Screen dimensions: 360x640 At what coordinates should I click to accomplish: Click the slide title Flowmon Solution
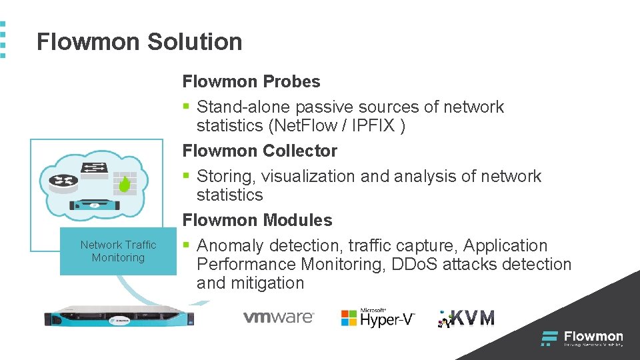(x=139, y=42)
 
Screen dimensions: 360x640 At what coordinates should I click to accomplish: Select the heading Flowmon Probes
(x=251, y=82)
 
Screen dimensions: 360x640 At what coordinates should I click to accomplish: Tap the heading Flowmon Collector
(x=260, y=151)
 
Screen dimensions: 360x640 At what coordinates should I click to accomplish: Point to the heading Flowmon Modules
(x=257, y=221)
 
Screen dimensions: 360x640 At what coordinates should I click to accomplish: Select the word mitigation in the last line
(x=267, y=283)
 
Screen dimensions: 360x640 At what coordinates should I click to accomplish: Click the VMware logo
(x=278, y=317)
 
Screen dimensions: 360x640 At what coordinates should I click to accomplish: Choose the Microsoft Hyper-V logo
(x=377, y=317)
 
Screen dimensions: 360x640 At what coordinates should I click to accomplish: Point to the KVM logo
(x=466, y=318)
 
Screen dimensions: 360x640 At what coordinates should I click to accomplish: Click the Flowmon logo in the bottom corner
(x=582, y=338)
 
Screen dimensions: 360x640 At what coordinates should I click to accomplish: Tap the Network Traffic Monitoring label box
(x=118, y=251)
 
